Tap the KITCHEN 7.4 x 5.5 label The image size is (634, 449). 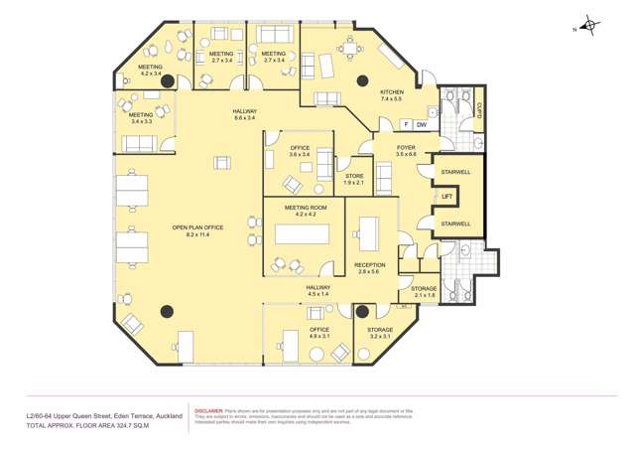coord(392,95)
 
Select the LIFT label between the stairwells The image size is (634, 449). coord(447,197)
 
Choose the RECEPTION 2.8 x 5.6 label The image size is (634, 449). coord(370,267)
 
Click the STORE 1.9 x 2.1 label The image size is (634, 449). coord(353,180)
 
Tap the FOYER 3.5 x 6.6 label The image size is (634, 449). coord(406,151)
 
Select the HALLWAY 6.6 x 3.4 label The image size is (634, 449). coord(245,114)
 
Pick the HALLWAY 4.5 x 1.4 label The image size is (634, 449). coord(318,290)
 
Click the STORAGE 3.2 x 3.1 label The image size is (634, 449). coord(380,333)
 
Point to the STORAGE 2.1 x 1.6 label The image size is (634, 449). coord(424,292)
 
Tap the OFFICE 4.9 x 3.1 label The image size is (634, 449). coord(318,333)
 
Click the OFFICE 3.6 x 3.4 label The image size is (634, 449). coord(300,151)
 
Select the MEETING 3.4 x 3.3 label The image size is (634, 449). coord(140,118)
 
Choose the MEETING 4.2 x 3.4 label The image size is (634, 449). coord(150,71)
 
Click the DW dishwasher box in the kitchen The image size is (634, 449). coord(421,124)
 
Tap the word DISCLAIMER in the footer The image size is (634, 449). coord(209,409)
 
